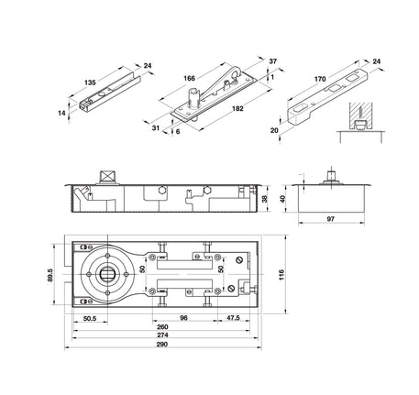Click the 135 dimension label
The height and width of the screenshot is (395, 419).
(x=90, y=82)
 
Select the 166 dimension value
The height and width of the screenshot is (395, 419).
(x=189, y=78)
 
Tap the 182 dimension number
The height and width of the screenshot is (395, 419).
(x=237, y=108)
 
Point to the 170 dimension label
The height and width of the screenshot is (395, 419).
(x=320, y=79)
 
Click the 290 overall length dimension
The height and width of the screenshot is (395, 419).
(x=162, y=345)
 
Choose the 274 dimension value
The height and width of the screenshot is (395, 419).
(x=162, y=335)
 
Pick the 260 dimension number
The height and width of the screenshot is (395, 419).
(x=162, y=327)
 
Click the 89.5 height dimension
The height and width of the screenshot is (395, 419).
(x=50, y=275)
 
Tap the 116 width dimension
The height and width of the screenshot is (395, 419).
(x=281, y=275)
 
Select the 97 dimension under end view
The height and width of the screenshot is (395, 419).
(x=331, y=219)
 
